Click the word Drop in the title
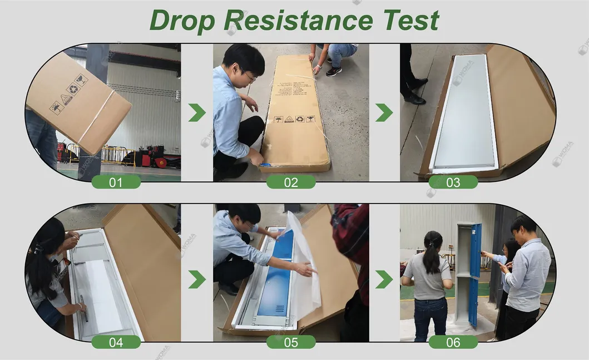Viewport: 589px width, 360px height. click(182, 21)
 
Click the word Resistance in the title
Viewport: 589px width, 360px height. click(298, 21)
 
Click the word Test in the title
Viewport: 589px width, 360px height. click(410, 21)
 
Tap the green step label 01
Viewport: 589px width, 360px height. click(116, 182)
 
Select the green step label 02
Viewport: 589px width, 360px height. click(291, 182)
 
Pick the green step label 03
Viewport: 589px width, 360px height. click(453, 182)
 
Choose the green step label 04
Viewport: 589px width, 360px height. click(116, 342)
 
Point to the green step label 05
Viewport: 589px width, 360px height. click(291, 342)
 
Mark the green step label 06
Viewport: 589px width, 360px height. click(453, 342)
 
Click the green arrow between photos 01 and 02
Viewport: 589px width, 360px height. click(197, 112)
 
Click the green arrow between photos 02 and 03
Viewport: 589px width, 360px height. click(384, 112)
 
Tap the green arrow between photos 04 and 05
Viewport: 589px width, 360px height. click(197, 279)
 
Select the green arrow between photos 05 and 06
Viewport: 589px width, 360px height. click(384, 279)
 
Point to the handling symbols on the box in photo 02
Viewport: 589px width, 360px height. click(294, 119)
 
